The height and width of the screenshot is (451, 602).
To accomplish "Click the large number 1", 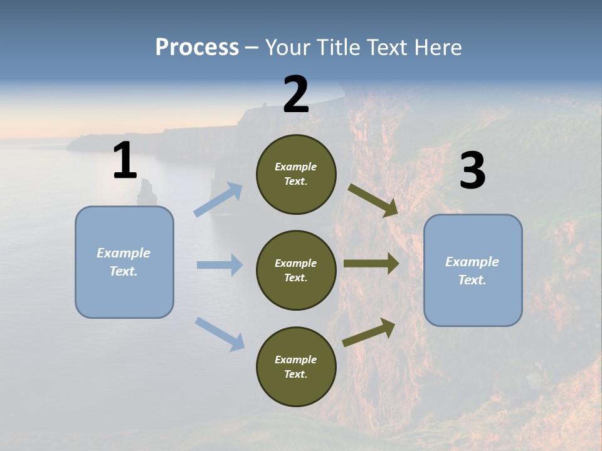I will (x=125, y=161).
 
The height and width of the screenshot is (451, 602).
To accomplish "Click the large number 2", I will (x=296, y=95).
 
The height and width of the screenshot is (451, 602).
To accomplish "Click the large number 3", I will (x=472, y=171).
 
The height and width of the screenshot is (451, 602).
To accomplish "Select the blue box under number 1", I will (x=124, y=262).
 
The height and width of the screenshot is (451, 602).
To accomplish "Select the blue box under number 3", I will (x=473, y=271).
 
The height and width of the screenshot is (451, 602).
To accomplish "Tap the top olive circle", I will (x=296, y=174).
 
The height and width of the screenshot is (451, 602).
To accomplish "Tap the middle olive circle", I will (x=296, y=271).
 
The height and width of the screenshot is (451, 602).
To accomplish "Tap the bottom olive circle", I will (x=296, y=367).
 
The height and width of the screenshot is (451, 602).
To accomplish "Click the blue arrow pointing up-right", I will (x=218, y=199).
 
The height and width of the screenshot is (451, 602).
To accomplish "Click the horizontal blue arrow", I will (x=219, y=265).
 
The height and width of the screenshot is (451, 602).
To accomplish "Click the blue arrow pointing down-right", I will (x=220, y=333).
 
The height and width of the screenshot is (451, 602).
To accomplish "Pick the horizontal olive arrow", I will (x=371, y=264).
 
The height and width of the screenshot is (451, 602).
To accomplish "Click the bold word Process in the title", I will (x=197, y=47).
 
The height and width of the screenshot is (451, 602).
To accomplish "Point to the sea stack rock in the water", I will (x=146, y=192).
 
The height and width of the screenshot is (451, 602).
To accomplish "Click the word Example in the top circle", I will (x=296, y=167).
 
